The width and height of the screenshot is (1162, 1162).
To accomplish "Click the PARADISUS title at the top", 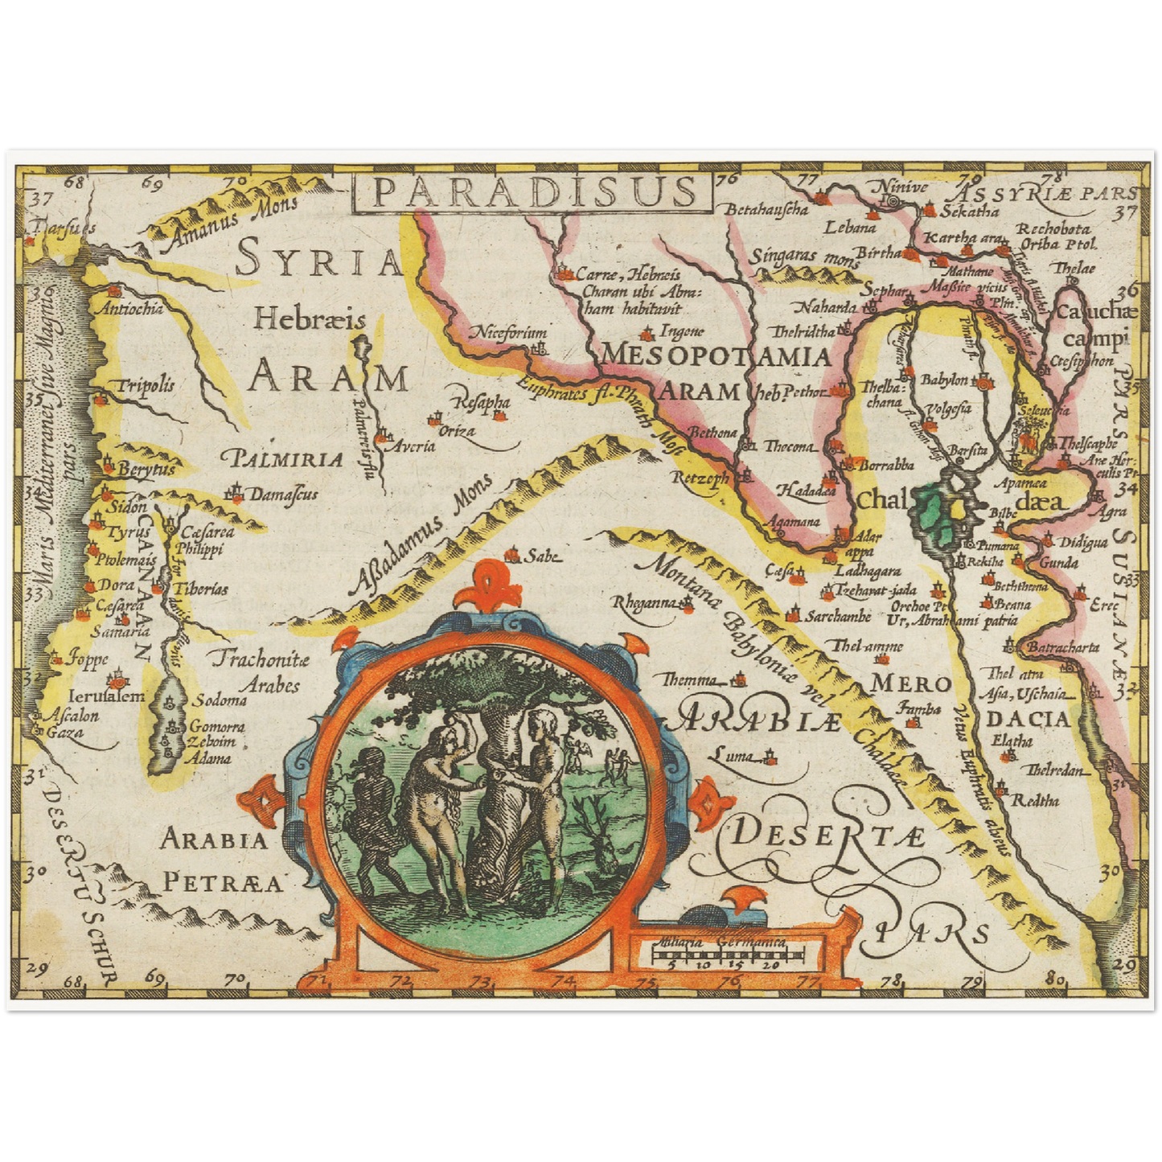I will click(x=534, y=193).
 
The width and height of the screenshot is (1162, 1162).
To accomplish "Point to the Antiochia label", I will click(x=130, y=308).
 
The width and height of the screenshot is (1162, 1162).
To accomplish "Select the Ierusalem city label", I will click(x=107, y=696).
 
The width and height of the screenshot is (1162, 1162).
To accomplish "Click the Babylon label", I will click(x=944, y=379).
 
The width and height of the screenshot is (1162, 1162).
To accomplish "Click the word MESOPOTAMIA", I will click(x=716, y=355).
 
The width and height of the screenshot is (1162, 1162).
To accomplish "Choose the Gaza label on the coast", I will click(x=64, y=733).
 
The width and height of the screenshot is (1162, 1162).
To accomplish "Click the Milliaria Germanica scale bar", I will click(x=729, y=955).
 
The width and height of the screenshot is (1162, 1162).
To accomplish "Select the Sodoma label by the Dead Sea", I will click(x=220, y=700).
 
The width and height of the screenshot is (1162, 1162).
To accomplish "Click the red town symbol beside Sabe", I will click(x=510, y=555).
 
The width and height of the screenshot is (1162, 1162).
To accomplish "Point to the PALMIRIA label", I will click(x=288, y=460).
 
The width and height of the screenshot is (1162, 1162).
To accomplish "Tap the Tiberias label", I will click(x=201, y=589).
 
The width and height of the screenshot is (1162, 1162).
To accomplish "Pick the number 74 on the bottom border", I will click(x=565, y=981).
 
